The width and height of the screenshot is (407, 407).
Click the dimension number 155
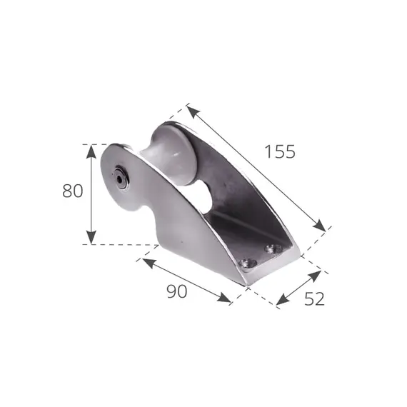(280, 151)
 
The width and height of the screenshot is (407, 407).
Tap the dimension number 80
(73, 191)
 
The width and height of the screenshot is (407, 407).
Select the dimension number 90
(177, 291)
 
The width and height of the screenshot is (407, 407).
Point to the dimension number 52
(314, 298)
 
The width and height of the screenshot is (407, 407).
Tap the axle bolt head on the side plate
(121, 179)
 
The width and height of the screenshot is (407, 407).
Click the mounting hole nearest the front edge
(248, 263)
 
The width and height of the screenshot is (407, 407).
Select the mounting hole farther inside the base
(273, 248)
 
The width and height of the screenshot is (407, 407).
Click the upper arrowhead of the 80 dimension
(91, 151)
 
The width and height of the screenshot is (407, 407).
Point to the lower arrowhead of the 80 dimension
(91, 237)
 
